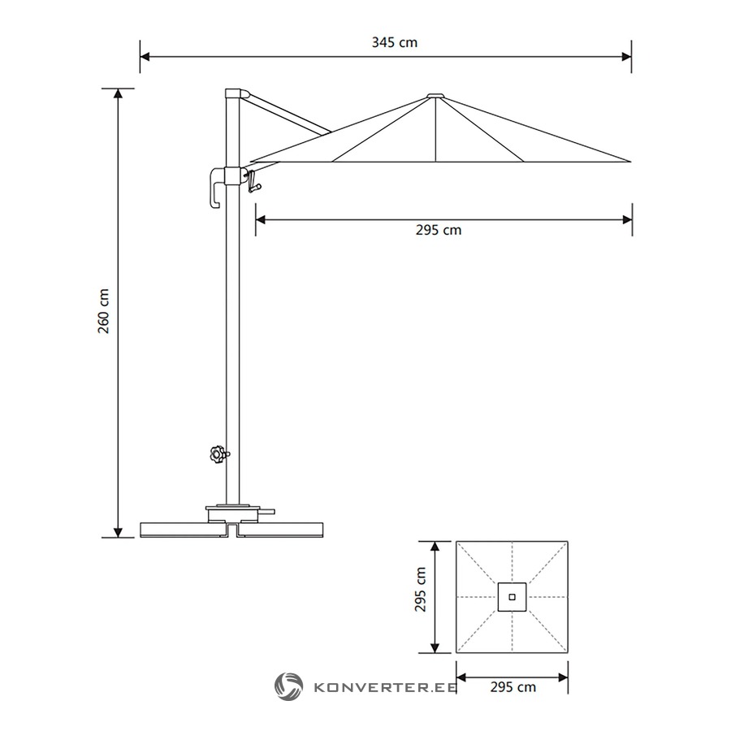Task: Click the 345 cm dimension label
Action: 395,42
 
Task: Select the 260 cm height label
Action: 103,311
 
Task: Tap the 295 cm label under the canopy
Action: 439,230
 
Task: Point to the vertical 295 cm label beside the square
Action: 421,590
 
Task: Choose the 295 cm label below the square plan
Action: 513,686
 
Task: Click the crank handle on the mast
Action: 253,181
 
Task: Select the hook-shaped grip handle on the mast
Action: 216,187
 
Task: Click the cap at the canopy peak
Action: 435,96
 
